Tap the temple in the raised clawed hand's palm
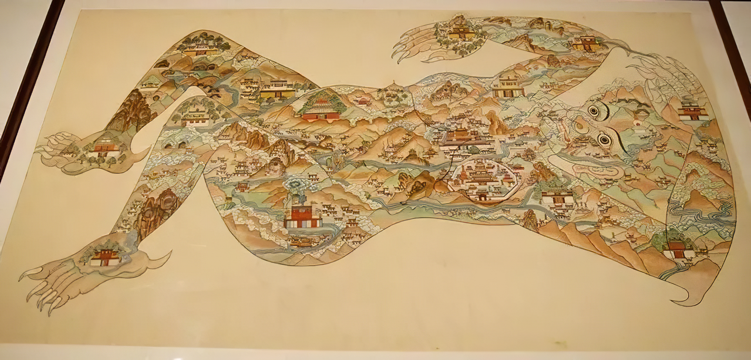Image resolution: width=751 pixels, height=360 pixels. point(458,31)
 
